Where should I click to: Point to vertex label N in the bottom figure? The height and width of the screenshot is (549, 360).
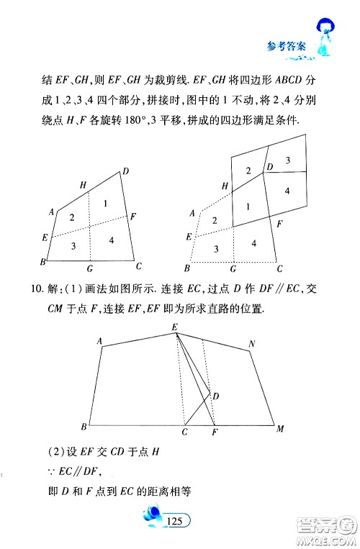click(251, 345)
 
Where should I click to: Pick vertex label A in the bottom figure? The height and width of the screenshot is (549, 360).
click(99, 340)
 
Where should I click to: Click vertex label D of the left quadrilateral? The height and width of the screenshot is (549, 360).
click(125, 171)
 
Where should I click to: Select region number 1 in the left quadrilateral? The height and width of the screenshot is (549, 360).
click(105, 204)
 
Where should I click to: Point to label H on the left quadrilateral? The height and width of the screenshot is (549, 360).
click(84, 186)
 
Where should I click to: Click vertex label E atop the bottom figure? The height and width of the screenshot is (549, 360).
click(174, 327)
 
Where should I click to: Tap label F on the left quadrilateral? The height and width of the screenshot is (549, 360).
click(134, 215)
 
